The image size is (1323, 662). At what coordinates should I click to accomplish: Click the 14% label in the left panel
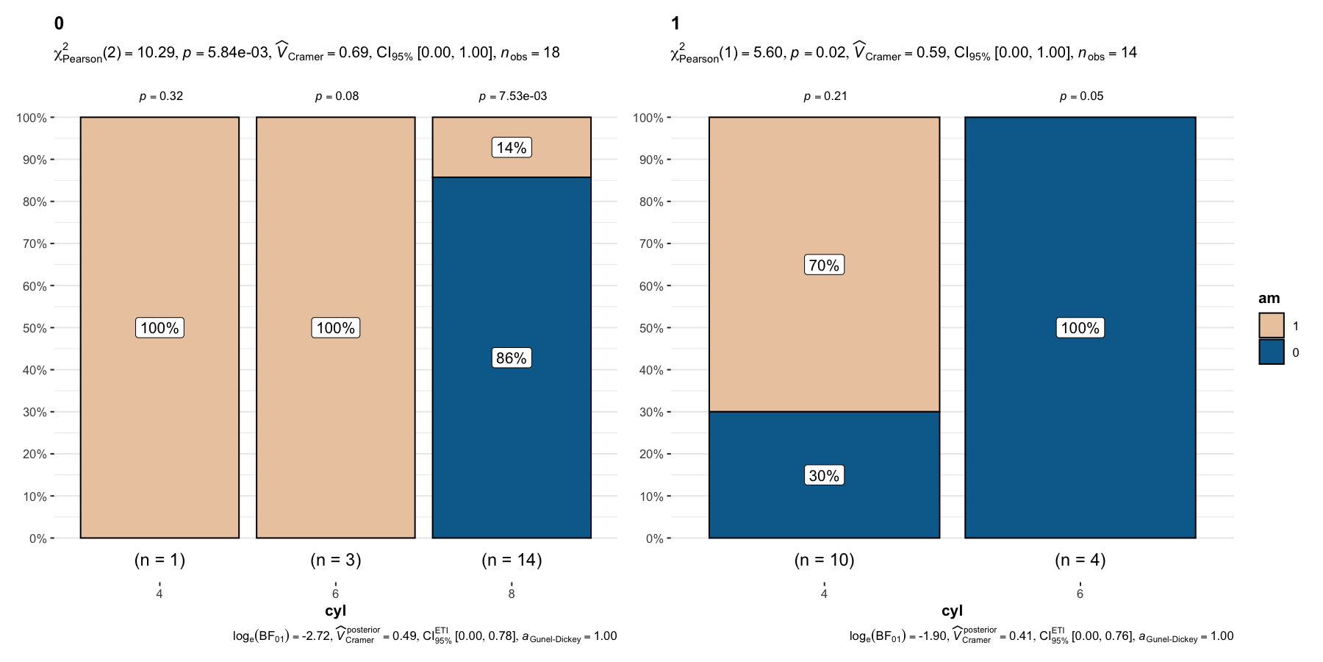click(x=512, y=148)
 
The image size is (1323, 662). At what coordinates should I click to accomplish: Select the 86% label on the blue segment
click(x=512, y=358)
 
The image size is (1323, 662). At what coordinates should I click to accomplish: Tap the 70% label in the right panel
click(x=824, y=266)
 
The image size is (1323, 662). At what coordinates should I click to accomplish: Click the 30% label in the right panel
click(x=824, y=476)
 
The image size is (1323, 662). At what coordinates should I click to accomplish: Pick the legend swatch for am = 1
click(x=1271, y=326)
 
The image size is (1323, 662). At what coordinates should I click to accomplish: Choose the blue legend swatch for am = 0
click(x=1271, y=352)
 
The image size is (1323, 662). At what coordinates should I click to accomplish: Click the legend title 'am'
click(x=1269, y=299)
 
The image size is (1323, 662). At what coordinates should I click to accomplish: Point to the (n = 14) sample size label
click(x=512, y=560)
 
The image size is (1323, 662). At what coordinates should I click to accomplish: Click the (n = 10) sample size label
click(x=824, y=560)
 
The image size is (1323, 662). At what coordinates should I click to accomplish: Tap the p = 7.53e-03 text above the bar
click(x=512, y=96)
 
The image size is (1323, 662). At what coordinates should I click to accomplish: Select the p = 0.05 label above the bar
click(x=1081, y=96)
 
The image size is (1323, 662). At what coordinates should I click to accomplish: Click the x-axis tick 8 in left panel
click(x=512, y=594)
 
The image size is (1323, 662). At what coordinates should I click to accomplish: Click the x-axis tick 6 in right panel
click(x=1080, y=594)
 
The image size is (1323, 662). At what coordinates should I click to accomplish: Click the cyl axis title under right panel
click(x=952, y=611)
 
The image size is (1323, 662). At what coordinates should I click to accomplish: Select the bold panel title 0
click(x=59, y=24)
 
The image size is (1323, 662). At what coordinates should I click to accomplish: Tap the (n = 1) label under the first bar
click(x=159, y=560)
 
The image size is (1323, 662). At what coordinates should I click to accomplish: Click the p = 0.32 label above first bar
click(x=161, y=96)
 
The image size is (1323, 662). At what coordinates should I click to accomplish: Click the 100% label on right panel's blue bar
click(x=1080, y=328)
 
